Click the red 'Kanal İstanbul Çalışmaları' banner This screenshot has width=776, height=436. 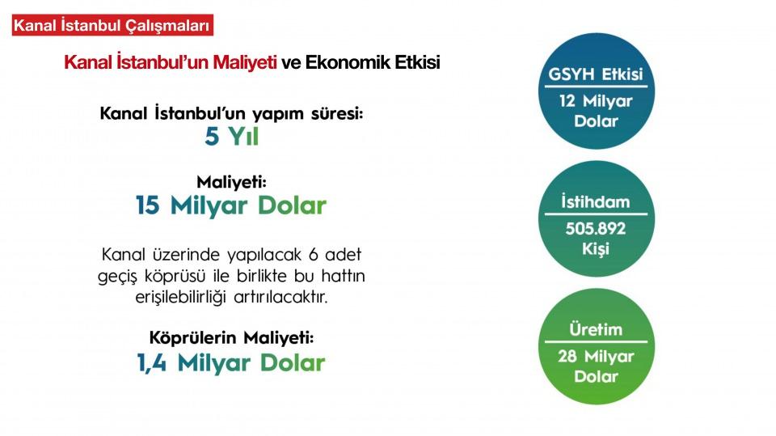pos(112,25)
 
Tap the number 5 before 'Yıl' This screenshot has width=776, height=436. pos(212,136)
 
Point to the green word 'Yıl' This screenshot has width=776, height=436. pos(243,136)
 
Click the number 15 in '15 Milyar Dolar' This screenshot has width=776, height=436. pos(147,205)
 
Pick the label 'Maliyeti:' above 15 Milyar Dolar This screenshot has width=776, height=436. pos(232,182)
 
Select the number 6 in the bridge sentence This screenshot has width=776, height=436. pos(314,255)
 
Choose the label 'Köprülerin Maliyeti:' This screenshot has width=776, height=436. pos(232,338)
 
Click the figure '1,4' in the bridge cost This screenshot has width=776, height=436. pos(151,363)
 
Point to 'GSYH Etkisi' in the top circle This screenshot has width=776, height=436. pos(596,74)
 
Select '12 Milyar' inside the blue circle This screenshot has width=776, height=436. pos(596,101)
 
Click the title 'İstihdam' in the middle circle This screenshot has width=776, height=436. pos(596,201)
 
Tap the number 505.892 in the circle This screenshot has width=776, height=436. pos(596,228)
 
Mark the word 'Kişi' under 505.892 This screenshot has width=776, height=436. pos(596,248)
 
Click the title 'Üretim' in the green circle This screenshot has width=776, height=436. pos(596,329)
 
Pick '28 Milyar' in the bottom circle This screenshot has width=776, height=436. pos(596,356)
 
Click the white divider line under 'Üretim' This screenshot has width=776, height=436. pos(596,342)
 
